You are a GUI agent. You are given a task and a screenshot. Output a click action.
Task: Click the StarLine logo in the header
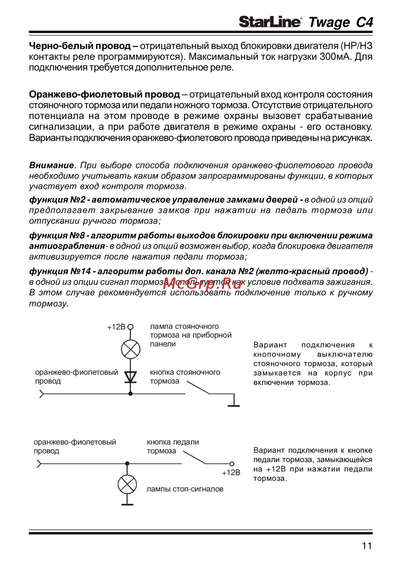click(x=270, y=22)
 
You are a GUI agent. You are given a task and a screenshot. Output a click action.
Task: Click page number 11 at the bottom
click(x=366, y=546)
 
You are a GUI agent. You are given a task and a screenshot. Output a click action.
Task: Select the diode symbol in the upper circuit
click(x=130, y=377)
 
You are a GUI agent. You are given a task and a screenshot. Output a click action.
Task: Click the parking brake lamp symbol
click(x=130, y=349)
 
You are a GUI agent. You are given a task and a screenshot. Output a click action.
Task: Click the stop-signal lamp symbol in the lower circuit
click(x=127, y=485)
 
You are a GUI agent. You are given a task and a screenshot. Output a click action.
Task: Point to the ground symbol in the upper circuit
click(x=234, y=405)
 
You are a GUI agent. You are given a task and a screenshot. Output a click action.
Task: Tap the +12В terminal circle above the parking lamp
click(x=130, y=327)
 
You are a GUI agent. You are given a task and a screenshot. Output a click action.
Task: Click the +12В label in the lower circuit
click(x=231, y=473)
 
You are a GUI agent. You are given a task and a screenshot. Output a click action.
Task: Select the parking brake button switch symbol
click(x=198, y=388)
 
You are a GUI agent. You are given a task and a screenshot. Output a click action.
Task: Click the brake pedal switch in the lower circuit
click(x=194, y=458)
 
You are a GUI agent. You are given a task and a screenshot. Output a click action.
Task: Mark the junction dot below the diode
click(x=130, y=394)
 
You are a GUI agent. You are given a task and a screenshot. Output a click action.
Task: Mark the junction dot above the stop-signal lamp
click(x=127, y=464)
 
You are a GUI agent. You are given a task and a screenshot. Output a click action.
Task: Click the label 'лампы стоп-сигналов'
click(x=185, y=489)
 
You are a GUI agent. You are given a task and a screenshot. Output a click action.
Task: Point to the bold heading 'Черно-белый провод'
click(x=80, y=46)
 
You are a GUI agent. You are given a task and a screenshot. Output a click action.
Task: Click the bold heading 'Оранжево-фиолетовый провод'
click(x=104, y=95)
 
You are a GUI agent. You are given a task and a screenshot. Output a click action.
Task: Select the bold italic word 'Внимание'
click(x=51, y=165)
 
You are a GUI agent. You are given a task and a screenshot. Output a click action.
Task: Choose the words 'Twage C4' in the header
click(x=340, y=22)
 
